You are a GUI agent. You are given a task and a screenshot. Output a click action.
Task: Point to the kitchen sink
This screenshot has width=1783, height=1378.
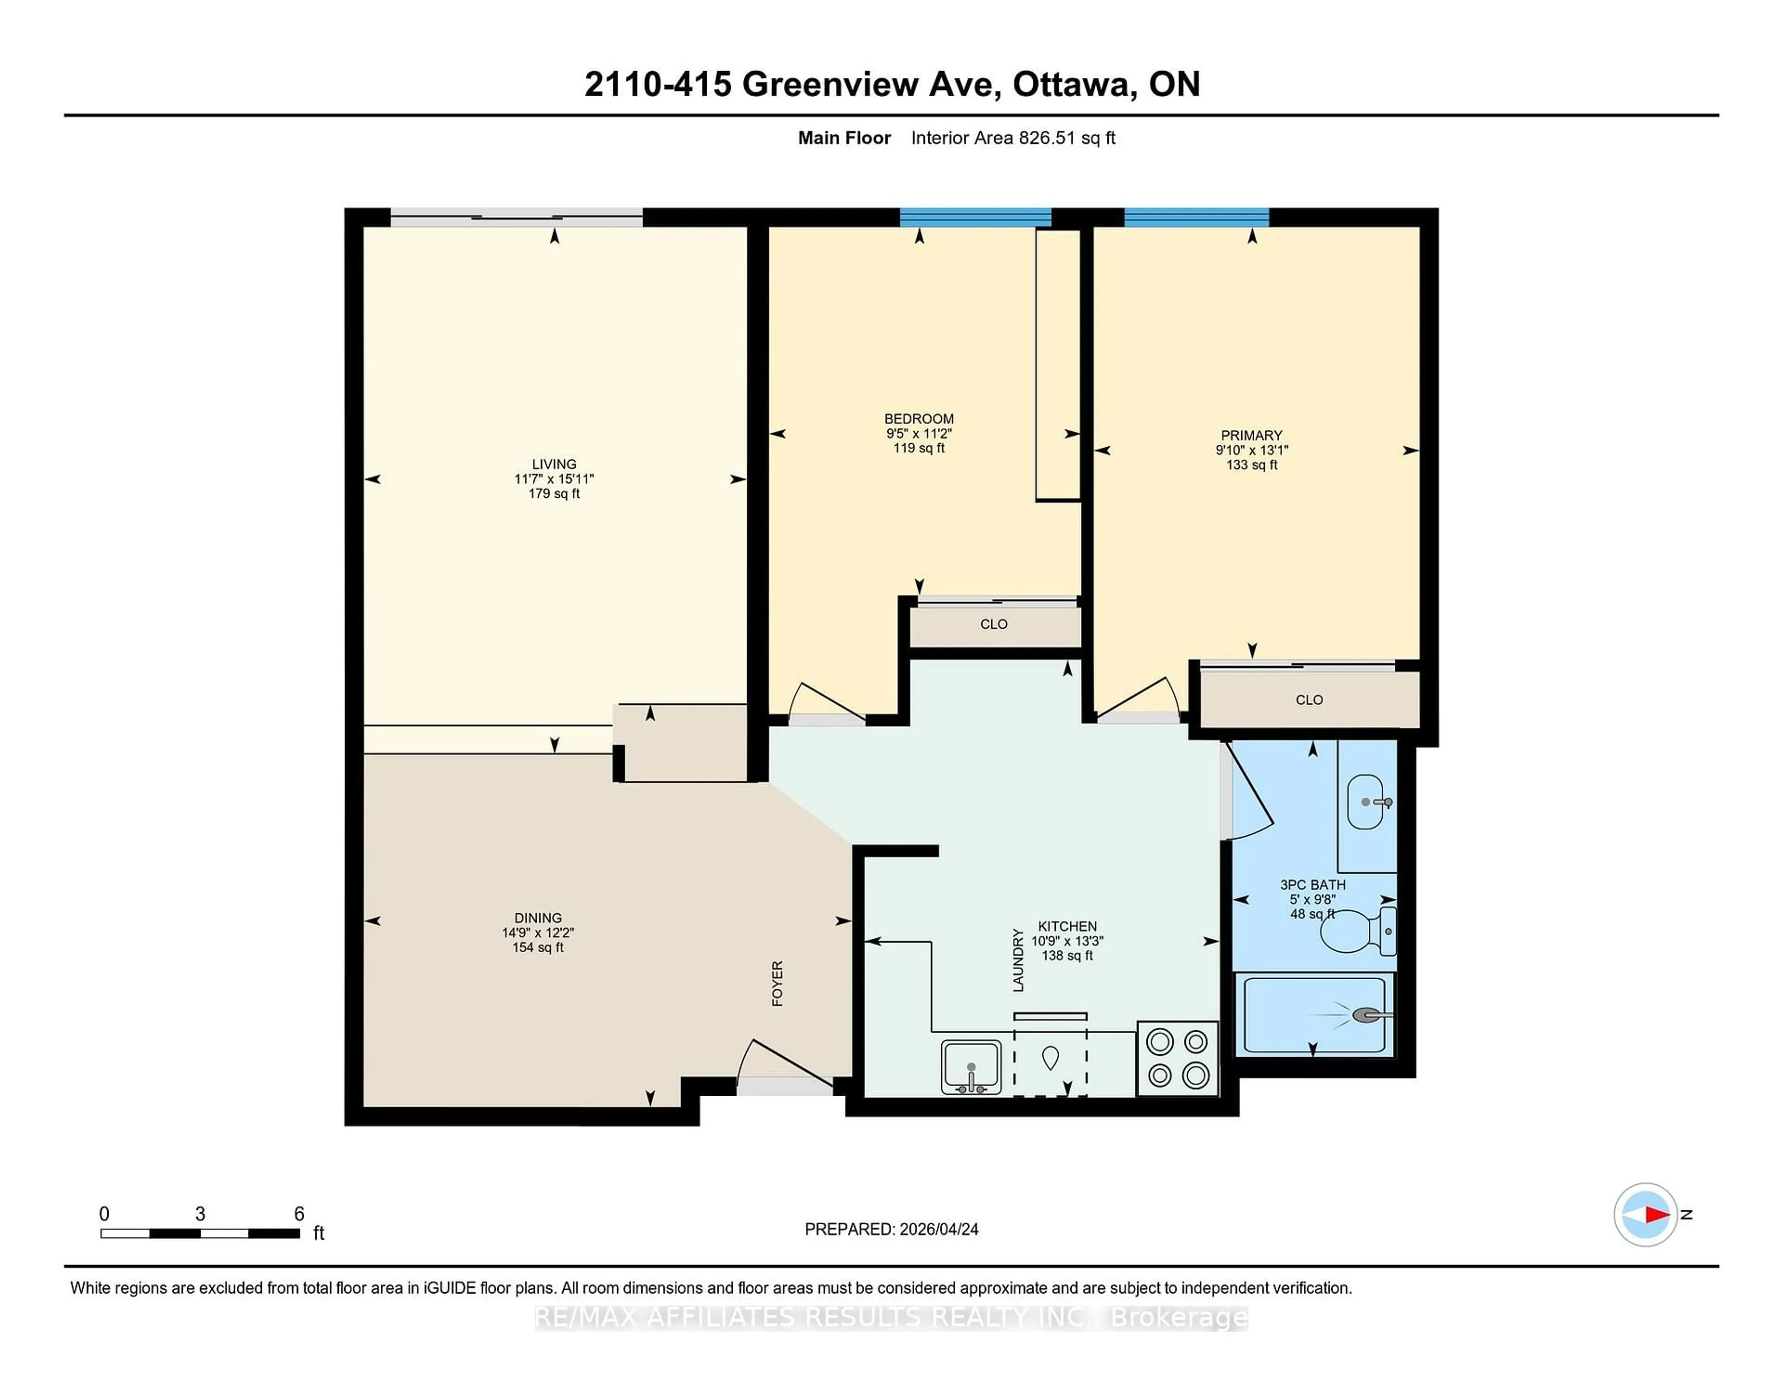tap(971, 1066)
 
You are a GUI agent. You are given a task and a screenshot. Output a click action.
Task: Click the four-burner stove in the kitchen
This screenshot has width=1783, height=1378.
tap(1177, 1059)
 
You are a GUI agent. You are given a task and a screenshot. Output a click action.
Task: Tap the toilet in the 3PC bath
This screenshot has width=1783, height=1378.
tap(1355, 931)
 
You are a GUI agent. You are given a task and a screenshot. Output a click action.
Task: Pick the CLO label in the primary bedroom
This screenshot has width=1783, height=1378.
tap(1308, 700)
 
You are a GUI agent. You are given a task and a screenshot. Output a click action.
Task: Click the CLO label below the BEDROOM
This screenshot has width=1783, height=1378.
tap(994, 624)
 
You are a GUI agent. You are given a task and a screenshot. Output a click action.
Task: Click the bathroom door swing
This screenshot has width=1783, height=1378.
tap(1249, 796)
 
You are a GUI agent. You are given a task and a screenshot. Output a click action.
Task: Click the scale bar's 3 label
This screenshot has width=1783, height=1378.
tap(200, 1214)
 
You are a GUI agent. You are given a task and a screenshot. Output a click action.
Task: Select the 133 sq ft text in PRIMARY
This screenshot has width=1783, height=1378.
tap(1251, 464)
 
